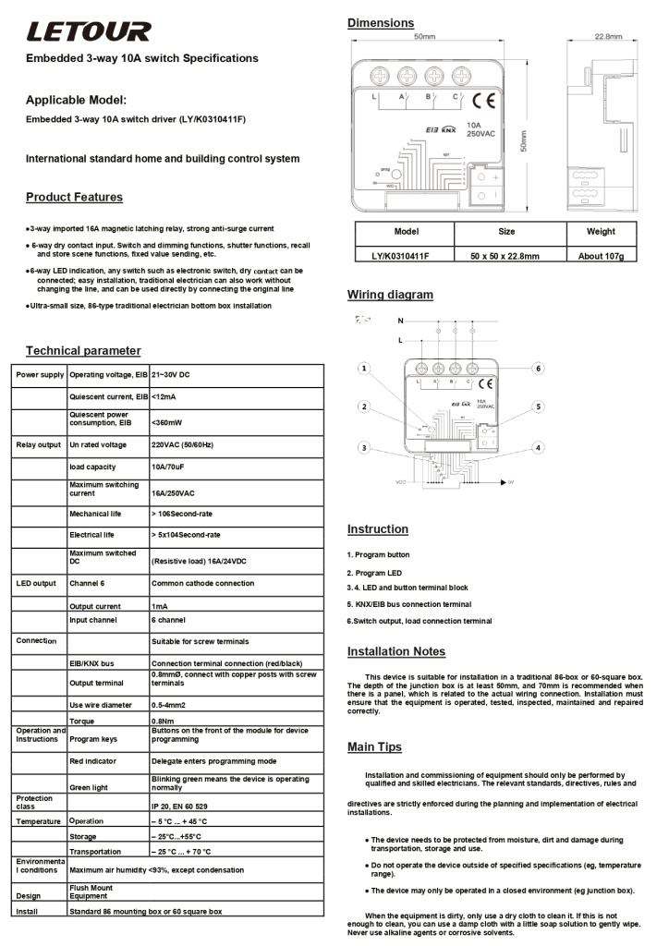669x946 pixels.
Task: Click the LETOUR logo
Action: click(88, 32)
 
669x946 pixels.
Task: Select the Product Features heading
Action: click(74, 197)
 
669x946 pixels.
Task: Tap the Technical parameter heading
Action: click(83, 350)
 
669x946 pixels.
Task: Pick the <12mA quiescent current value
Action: click(165, 396)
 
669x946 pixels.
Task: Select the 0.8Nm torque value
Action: click(165, 721)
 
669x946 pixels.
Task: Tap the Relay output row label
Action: click(38, 444)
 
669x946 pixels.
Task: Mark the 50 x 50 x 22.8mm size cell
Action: click(505, 256)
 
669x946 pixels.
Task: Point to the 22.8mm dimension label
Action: click(607, 37)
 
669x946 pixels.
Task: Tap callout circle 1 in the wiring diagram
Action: click(365, 369)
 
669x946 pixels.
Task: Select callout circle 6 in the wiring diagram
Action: click(538, 369)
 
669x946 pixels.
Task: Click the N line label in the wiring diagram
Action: click(400, 321)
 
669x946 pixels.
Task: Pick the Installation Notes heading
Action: click(395, 651)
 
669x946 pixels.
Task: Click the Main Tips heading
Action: click(374, 746)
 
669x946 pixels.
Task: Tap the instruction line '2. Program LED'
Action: click(375, 573)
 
